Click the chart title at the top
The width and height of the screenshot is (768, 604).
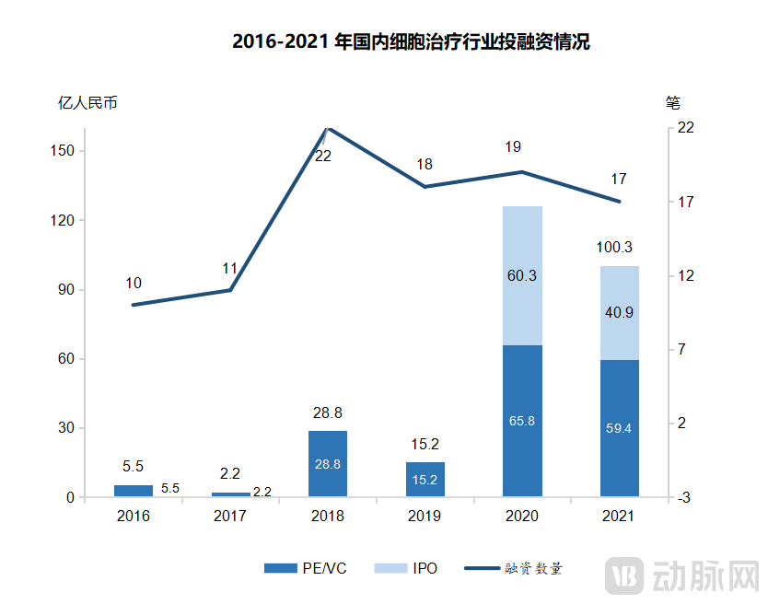pos(410,42)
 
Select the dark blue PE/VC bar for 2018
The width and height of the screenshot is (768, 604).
pos(328,464)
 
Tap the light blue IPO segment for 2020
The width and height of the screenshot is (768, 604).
pos(522,275)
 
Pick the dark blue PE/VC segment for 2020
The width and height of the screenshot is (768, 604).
pos(522,421)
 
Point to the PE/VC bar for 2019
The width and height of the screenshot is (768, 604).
pos(425,480)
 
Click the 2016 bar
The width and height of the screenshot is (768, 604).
pos(134,491)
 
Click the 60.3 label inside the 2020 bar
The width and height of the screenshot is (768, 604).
pos(522,275)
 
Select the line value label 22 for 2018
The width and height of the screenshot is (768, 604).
pos(323,157)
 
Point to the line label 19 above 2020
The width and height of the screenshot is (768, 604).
pos(514,146)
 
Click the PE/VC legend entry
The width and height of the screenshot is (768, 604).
pos(305,568)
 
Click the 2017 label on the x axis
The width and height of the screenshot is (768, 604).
pos(230,517)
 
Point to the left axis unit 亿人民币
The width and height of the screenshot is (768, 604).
pos(87,102)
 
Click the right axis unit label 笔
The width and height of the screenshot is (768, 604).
pos(672,101)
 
